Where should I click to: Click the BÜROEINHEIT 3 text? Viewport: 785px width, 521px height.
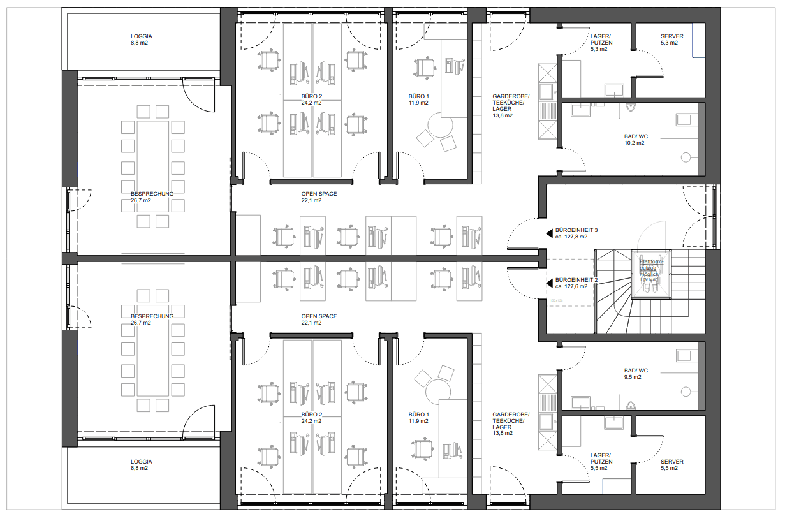pos(576,230)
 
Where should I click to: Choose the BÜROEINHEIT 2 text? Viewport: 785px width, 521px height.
pos(576,280)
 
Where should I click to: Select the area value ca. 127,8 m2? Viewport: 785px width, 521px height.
pos(576,237)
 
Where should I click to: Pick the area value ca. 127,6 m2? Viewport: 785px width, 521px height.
pos(576,287)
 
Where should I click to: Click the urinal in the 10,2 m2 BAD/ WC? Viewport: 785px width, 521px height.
pos(631,108)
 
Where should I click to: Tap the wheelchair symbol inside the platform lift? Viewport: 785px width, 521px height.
pos(651,286)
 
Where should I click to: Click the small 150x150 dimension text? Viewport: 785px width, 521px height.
pos(557,300)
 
